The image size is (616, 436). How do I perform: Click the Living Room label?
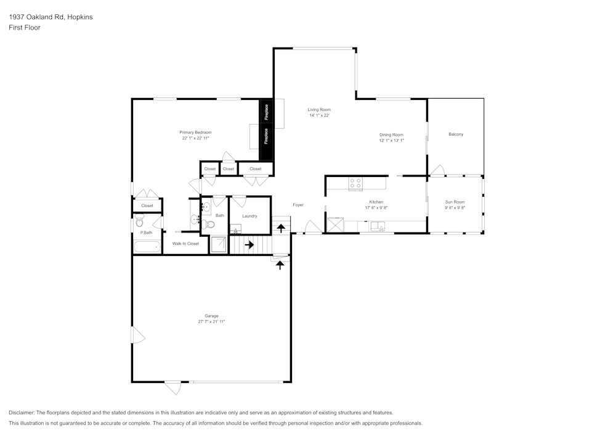319,110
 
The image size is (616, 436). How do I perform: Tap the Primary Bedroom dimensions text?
195,139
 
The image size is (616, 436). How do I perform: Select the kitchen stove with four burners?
355,183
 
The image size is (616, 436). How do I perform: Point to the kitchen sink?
378,226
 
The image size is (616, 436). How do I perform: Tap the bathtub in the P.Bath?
147,247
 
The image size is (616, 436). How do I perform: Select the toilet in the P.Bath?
139,221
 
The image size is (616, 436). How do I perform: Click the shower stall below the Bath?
219,245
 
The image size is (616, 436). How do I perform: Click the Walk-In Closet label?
185,244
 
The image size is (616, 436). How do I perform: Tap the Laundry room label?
249,216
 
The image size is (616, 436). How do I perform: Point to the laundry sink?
235,229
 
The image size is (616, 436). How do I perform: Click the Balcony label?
456,134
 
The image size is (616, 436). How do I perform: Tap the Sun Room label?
455,202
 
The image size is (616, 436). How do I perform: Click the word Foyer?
298,205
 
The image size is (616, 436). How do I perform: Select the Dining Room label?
391,134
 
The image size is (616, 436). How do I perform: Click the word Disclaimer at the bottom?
22,413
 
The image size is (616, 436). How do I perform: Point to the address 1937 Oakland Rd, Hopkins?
51,17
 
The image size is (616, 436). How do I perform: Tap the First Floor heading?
25,28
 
